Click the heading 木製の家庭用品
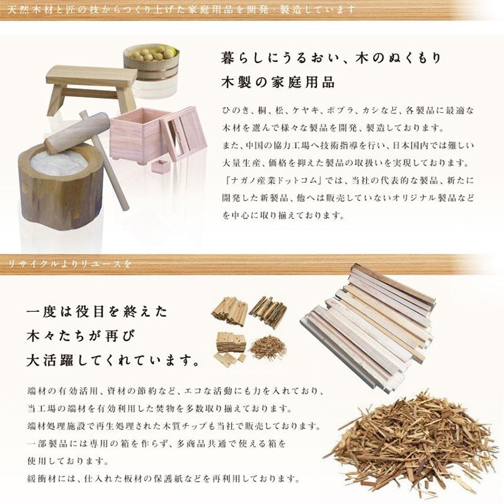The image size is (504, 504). [x=277, y=83]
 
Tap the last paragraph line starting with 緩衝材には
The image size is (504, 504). [x=161, y=478]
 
